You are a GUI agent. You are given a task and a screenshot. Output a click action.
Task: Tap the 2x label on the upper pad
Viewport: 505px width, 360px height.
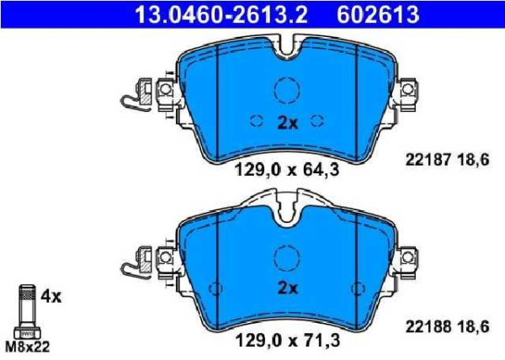[288, 123]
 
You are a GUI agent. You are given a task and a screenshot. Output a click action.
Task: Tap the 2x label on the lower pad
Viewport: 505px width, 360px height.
[288, 288]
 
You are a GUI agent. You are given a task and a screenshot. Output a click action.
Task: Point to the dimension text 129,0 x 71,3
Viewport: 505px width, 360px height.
[288, 342]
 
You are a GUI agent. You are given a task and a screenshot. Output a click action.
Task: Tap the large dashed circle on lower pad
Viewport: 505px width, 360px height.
[287, 255]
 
